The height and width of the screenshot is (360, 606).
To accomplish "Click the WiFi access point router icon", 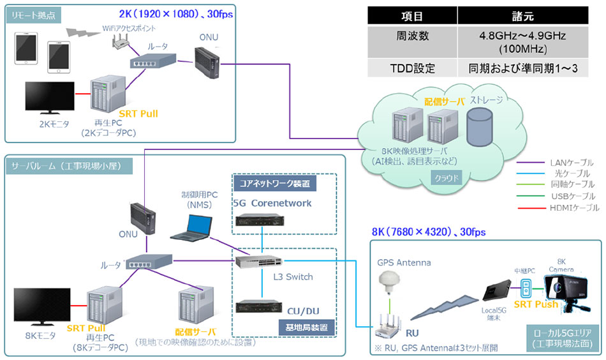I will pos(119,41).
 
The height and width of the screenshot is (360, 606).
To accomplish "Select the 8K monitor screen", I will pos(43,306).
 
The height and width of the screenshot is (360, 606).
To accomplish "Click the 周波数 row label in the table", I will pos(411,37).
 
